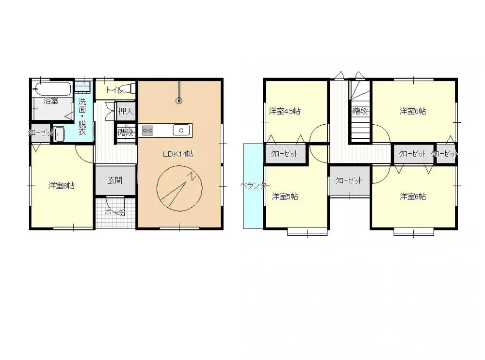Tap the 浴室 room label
click(x=51, y=101)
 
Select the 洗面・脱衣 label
click(x=82, y=117)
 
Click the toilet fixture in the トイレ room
click(x=127, y=89)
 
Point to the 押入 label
click(x=125, y=112)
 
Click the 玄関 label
click(x=115, y=180)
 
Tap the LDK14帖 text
click(x=178, y=154)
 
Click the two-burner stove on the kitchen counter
click(x=148, y=130)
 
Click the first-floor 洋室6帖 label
click(x=62, y=186)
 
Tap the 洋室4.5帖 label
click(x=285, y=111)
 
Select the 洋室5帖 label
click(x=285, y=196)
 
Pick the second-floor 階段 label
click(x=360, y=111)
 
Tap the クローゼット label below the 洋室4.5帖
click(x=285, y=154)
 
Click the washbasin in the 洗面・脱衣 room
click(x=59, y=134)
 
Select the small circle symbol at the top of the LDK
click(x=179, y=101)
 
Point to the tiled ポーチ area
click(x=114, y=212)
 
